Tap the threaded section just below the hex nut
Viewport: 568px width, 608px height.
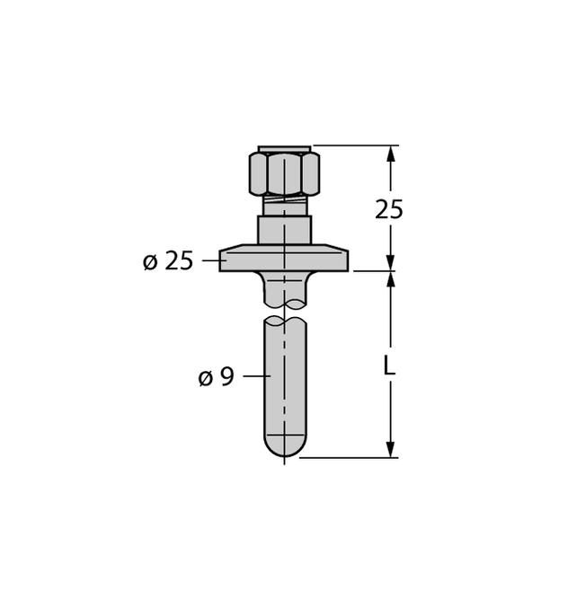point(284,206)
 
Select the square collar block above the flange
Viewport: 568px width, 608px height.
point(284,230)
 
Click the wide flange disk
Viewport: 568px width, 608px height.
point(284,260)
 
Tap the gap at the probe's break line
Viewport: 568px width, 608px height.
point(284,311)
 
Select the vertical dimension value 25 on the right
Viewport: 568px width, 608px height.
point(388,209)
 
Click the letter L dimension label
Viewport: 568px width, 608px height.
point(387,366)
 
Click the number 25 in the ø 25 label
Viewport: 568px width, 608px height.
point(179,261)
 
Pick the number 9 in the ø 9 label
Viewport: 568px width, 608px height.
point(226,377)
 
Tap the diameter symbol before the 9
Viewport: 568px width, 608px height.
point(206,378)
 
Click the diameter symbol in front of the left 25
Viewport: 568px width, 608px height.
point(150,262)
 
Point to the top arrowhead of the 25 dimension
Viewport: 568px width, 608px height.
point(391,154)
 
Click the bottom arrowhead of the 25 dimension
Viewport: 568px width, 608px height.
point(391,260)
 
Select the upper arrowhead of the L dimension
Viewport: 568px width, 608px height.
point(391,279)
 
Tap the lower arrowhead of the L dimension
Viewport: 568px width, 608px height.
point(391,448)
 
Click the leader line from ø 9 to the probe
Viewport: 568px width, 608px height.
point(253,376)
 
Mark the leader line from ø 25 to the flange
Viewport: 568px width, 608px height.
point(210,260)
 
